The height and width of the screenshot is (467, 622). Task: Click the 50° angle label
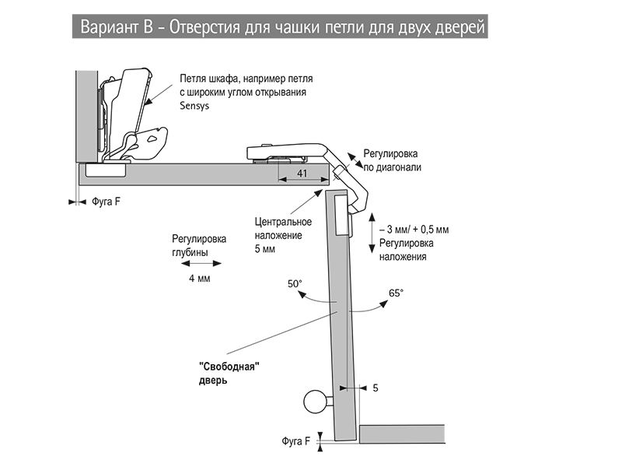point(295,285)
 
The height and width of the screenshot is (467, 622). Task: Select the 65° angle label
point(396,293)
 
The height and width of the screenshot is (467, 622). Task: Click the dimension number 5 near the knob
point(376,387)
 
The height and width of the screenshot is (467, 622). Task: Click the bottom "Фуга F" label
point(296,441)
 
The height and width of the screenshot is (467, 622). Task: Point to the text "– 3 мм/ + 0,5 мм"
point(414,230)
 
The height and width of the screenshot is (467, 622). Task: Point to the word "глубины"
point(190,252)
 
